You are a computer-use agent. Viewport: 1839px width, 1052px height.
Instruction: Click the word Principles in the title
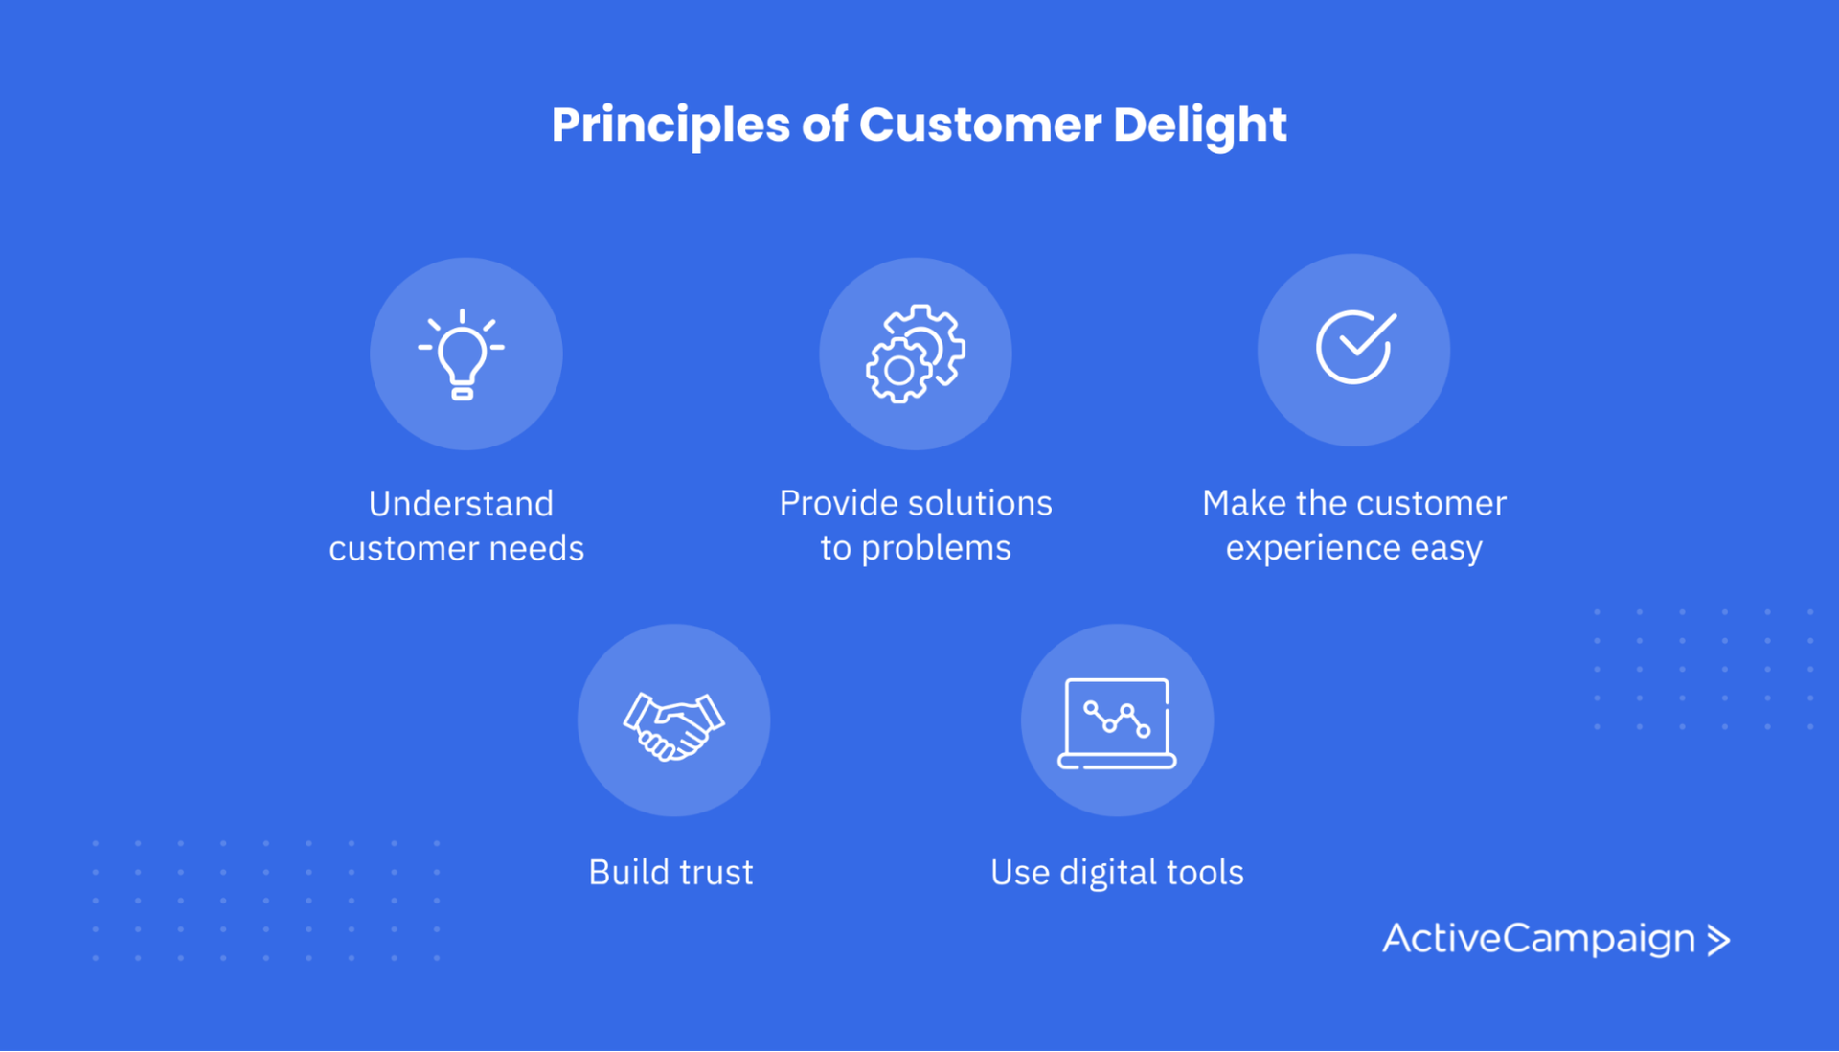click(x=670, y=126)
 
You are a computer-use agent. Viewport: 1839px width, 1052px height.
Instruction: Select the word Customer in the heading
click(x=980, y=126)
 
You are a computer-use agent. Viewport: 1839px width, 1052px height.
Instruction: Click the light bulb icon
click(x=462, y=354)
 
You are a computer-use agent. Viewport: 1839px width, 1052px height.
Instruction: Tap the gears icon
click(x=915, y=354)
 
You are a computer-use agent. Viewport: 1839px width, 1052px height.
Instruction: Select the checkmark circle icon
click(x=1354, y=348)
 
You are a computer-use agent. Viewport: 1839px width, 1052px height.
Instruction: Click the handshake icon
click(x=673, y=725)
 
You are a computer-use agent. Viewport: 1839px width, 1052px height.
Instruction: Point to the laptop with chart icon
click(x=1117, y=722)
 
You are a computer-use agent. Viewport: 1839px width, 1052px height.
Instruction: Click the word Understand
click(x=461, y=504)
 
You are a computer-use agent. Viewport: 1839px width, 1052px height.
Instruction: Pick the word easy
click(x=1445, y=548)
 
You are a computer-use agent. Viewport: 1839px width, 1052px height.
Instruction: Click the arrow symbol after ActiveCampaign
click(x=1719, y=940)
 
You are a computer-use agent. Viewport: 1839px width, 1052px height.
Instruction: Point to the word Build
click(x=627, y=873)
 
